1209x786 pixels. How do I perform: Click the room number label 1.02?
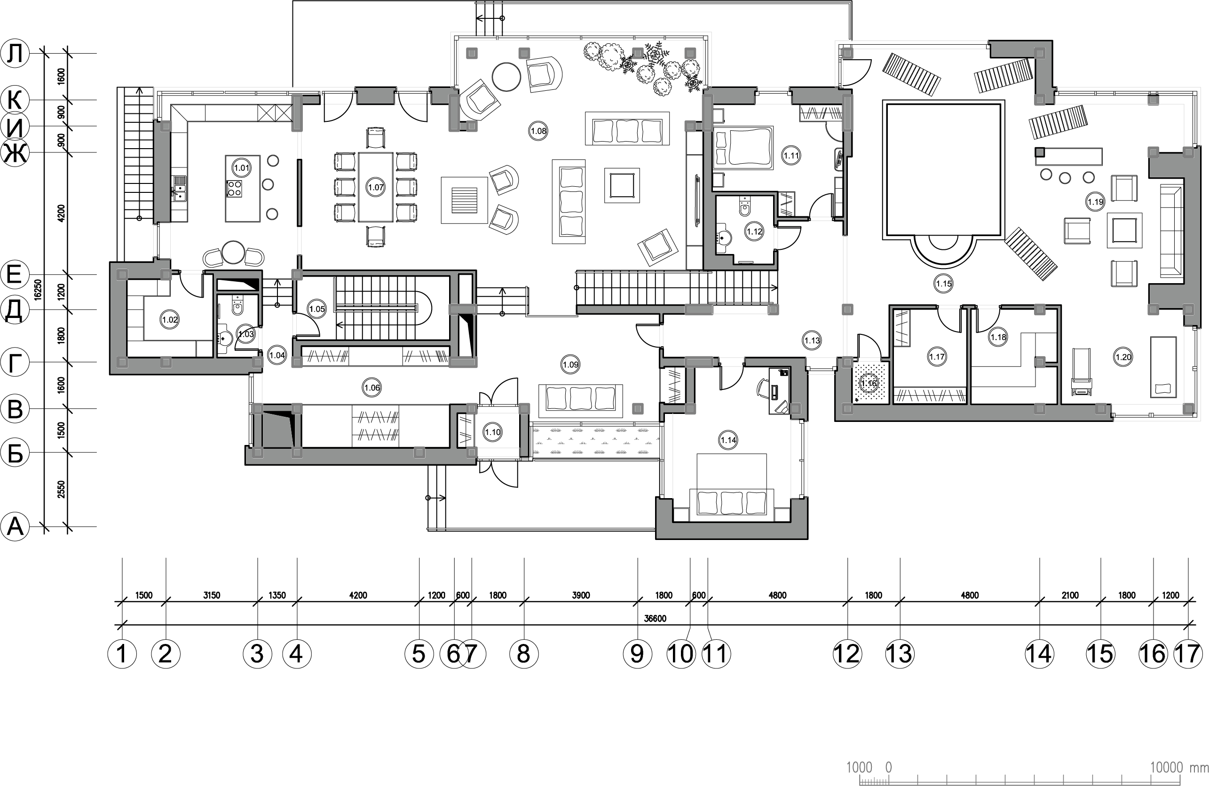(170, 320)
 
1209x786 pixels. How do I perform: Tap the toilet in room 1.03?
(237, 306)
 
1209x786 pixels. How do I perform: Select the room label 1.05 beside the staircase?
(316, 309)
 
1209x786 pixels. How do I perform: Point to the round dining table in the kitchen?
(233, 253)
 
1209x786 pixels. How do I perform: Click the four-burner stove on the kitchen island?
(234, 189)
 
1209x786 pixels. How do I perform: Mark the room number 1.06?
(372, 388)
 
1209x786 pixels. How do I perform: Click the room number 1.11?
(791, 156)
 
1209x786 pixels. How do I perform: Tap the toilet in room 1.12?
(745, 207)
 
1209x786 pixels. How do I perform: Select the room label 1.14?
(728, 440)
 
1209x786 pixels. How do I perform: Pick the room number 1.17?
(937, 357)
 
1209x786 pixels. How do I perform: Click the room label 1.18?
(998, 336)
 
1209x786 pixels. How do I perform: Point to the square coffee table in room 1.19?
(1124, 230)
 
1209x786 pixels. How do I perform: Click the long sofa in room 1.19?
(1172, 231)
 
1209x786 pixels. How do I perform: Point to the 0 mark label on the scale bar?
(888, 767)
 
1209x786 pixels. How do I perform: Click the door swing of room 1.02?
(192, 285)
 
